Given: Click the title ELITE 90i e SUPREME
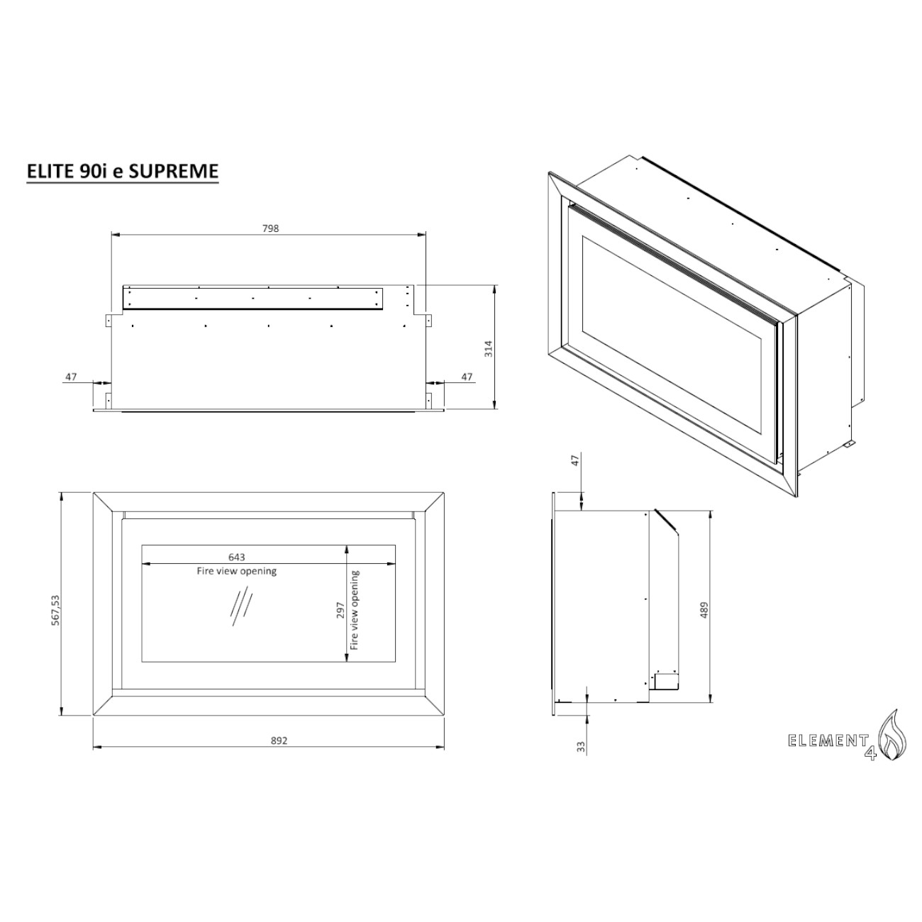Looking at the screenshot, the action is (122, 171).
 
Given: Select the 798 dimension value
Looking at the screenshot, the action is (270, 228).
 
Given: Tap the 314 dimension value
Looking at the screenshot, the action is (488, 348).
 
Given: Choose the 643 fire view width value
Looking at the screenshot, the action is (236, 557).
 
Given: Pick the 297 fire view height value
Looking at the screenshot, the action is (340, 610).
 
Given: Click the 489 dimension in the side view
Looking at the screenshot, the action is (704, 610).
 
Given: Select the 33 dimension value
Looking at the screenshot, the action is (581, 747).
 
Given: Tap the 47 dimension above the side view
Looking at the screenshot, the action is (576, 460).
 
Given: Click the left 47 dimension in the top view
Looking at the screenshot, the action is (71, 377).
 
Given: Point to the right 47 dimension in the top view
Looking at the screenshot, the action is (467, 377).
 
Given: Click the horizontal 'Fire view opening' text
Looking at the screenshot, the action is (236, 571).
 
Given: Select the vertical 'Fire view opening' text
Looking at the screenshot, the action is (355, 610).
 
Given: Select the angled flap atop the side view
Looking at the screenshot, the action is (667, 521).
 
